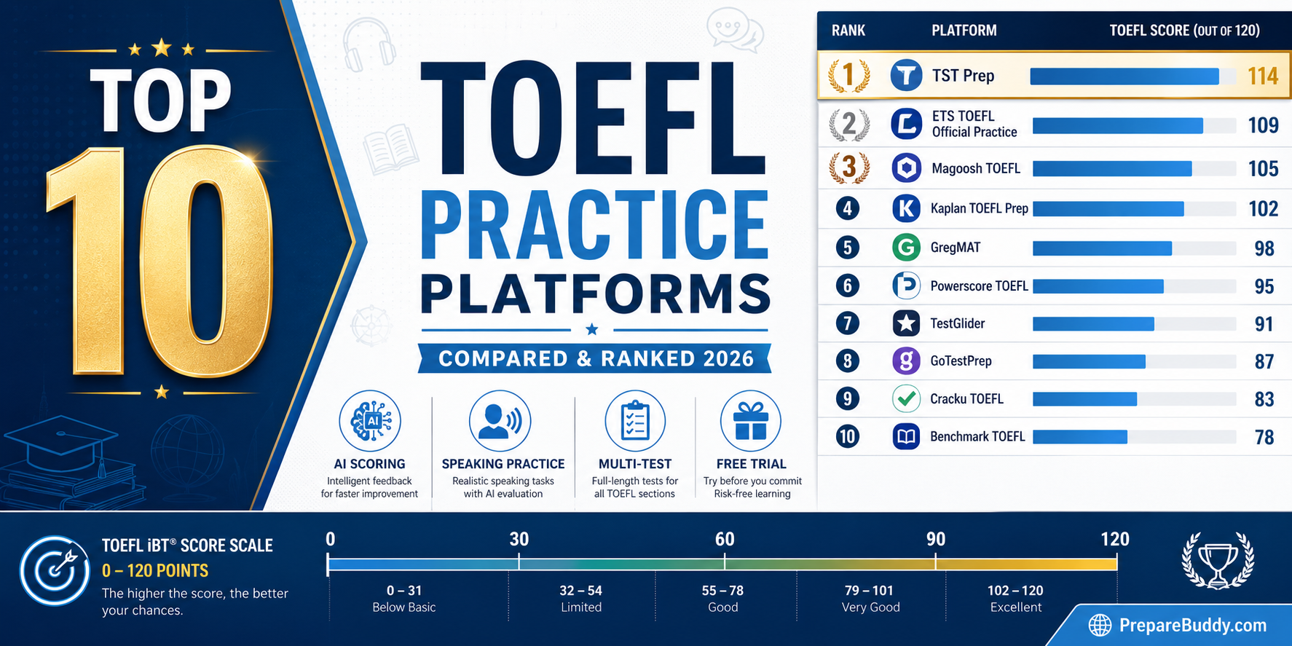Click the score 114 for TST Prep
tap(1262, 76)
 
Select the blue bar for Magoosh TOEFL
tap(1111, 169)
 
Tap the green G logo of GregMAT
tap(906, 248)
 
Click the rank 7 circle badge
tap(847, 323)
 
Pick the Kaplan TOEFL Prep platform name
tap(979, 209)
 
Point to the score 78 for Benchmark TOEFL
tap(1264, 437)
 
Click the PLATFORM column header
tap(964, 31)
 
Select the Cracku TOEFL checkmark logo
tap(906, 399)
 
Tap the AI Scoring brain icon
tap(370, 420)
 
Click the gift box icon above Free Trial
tap(751, 421)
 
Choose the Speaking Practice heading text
tap(503, 464)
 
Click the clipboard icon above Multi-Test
tap(635, 420)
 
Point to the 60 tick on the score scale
tap(724, 562)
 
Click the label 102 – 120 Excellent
tap(1015, 599)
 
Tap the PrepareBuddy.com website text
tap(1192, 625)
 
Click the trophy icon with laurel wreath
tap(1217, 562)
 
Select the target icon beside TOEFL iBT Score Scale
tap(55, 570)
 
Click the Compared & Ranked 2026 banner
tap(595, 359)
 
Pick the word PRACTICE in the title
tap(594, 226)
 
